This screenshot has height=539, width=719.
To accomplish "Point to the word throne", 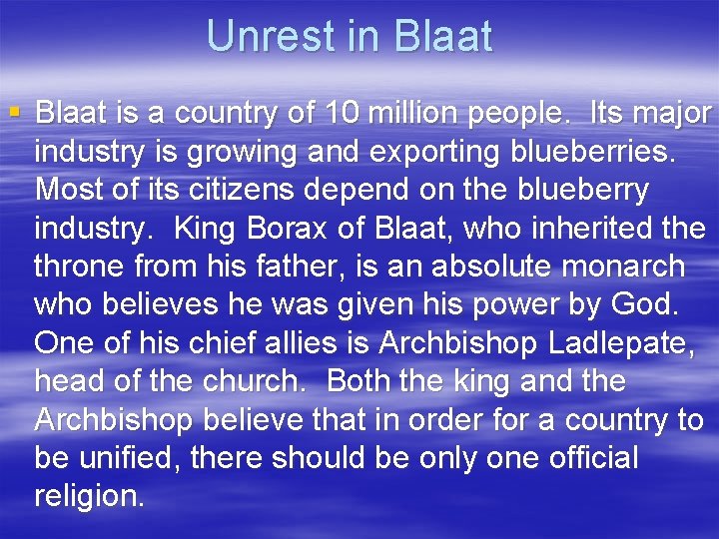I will tap(83, 267).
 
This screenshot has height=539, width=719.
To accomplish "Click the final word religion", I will tap(89, 496).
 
